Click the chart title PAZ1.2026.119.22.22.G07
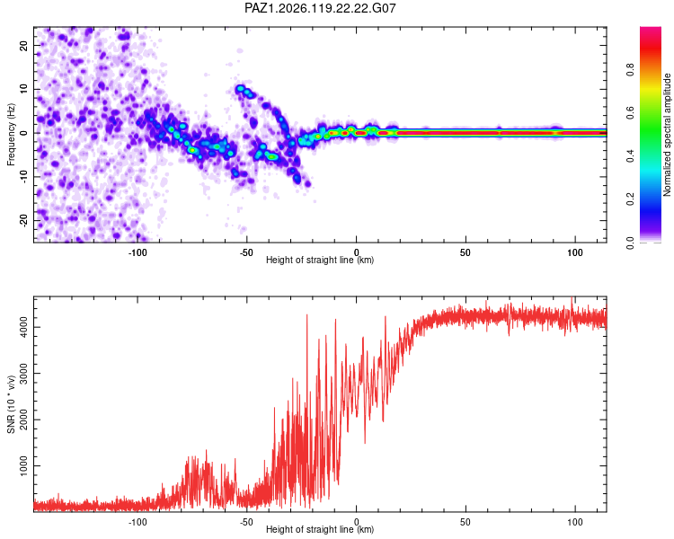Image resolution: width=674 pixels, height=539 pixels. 320,8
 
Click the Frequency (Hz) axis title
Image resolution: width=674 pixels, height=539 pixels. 11,135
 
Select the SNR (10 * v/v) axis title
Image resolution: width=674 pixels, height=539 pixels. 11,404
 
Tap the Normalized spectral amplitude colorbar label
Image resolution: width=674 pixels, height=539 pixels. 667,135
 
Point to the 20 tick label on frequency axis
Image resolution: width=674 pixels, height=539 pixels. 24,45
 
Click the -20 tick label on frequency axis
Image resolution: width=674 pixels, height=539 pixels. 24,220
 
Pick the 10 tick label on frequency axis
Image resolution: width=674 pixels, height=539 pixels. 24,89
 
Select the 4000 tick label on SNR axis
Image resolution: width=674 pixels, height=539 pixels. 24,328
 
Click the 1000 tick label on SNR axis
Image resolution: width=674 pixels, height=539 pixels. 24,465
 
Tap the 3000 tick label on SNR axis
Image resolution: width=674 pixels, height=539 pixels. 24,374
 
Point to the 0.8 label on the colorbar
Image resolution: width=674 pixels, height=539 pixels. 630,69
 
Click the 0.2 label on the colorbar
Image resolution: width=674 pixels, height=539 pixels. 630,199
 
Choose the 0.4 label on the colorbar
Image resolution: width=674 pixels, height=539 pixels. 630,155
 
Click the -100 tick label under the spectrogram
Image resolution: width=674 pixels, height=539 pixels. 137,252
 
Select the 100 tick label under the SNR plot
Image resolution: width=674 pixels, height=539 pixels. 575,522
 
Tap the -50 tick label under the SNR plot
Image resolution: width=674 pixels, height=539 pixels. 246,522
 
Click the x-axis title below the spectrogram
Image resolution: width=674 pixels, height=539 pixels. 320,260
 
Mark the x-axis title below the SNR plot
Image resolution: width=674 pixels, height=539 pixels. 320,529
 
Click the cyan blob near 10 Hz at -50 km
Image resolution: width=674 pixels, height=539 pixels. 240,89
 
